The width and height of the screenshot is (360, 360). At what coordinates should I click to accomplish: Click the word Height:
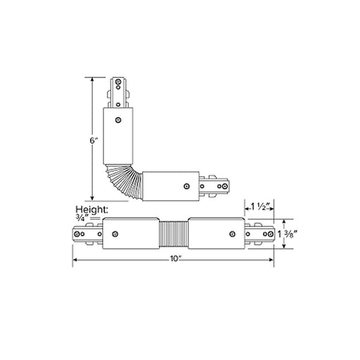point(92,210)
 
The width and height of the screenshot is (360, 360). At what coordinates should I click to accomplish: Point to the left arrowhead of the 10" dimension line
point(75,259)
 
